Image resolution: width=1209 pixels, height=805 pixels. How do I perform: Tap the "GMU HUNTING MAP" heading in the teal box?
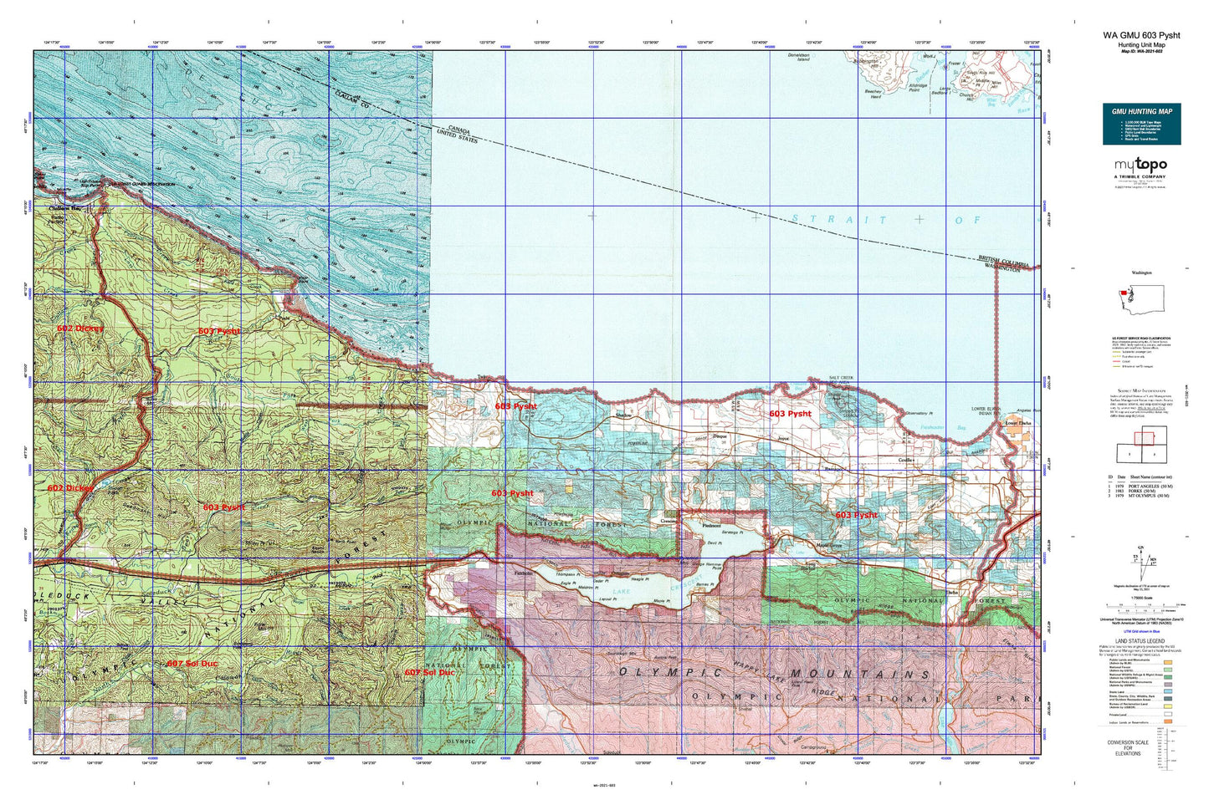pos(1141,111)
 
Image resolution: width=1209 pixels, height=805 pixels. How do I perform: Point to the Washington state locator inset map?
pos(1141,303)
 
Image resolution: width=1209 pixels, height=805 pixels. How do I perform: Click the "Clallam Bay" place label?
pos(64,208)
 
